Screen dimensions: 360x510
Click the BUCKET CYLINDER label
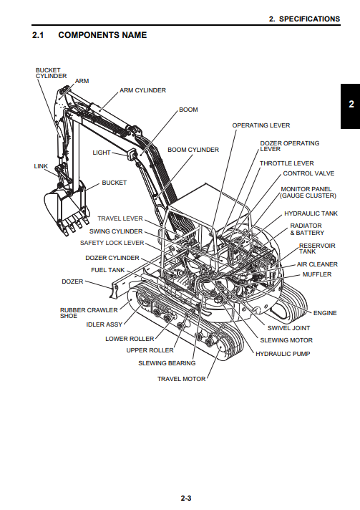[51, 73]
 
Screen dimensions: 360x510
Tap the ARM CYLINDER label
[142, 90]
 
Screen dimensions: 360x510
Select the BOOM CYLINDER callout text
[193, 150]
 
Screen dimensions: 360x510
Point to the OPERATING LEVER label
[261, 125]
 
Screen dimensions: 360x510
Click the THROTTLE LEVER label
[286, 163]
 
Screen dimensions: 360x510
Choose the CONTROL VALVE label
[308, 173]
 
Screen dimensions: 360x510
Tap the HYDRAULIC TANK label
[311, 213]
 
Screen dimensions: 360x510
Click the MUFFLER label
[317, 274]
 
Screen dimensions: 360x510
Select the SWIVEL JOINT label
[288, 328]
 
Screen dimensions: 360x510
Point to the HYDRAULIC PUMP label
[283, 354]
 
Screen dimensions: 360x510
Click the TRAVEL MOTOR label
[181, 379]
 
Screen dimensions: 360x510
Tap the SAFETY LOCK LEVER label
[112, 243]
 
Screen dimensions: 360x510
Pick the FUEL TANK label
[108, 270]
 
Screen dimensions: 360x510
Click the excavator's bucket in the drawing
[67, 208]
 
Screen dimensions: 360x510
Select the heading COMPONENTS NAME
[102, 35]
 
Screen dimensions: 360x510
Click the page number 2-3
[186, 498]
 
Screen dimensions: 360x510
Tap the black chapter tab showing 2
[350, 106]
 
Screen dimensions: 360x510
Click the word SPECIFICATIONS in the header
[309, 19]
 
